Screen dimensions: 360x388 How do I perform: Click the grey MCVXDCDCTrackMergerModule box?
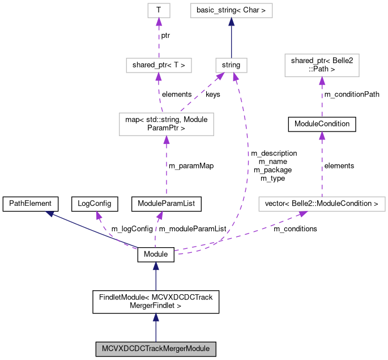pos(156,349)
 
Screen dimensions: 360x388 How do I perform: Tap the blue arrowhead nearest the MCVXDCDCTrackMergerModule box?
pos(156,317)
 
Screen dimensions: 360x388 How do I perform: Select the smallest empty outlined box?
pos(159,10)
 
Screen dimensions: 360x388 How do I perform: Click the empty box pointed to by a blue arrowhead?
pos(231,10)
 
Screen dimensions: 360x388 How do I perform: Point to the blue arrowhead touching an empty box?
pos(231,22)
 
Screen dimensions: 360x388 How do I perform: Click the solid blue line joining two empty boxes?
pos(231,40)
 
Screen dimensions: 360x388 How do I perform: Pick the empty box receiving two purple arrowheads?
pos(231,65)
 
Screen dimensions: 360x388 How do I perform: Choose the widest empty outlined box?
pos(322,204)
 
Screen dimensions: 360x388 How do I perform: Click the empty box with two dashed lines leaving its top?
pos(166,124)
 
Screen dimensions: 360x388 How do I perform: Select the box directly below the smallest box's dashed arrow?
pos(159,65)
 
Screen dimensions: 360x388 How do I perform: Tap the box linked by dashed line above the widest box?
pos(322,65)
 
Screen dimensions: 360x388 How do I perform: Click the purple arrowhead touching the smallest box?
pos(159,22)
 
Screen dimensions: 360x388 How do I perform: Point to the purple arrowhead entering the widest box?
pos(303,214)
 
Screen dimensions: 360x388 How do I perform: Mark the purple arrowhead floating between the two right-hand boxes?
pos(322,135)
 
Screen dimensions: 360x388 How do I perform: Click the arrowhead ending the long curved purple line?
pos(236,77)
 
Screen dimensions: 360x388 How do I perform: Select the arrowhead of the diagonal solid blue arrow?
pos(50,213)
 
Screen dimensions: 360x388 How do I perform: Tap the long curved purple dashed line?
pos(247,170)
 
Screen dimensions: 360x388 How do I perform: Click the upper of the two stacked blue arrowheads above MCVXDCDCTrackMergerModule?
pos(156,266)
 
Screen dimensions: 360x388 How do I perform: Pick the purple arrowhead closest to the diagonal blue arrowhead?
pos(99,215)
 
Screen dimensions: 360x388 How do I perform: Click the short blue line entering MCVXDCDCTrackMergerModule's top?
pos(156,332)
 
